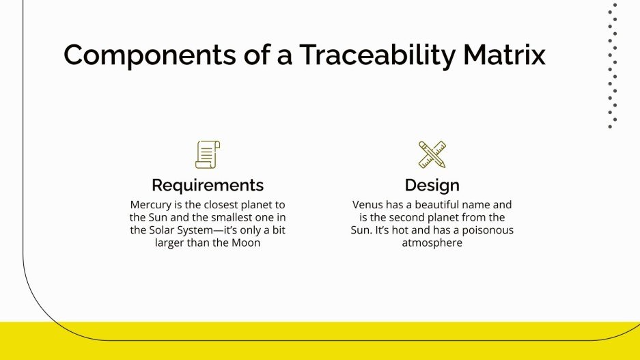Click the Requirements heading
[x=208, y=185]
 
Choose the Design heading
[x=432, y=185]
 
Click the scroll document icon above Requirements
[x=208, y=154]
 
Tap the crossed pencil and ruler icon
[x=432, y=154]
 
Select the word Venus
[x=368, y=205]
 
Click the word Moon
[x=246, y=243]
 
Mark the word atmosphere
[x=432, y=243]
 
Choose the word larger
[x=173, y=243]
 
